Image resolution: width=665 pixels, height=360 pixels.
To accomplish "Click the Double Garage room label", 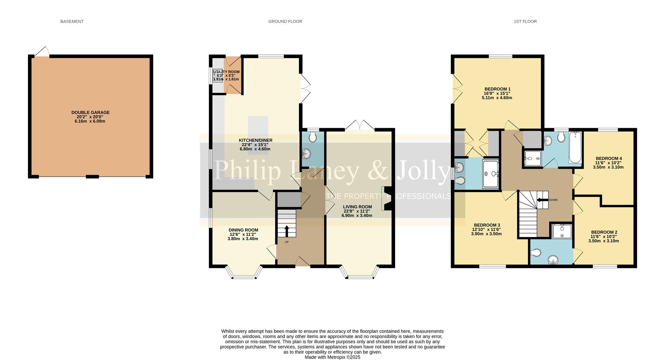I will [90, 113].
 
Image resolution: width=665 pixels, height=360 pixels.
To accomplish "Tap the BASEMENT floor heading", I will [72, 21].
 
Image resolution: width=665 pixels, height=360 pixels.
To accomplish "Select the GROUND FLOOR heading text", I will [285, 21].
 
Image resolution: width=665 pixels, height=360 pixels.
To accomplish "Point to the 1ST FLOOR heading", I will [525, 21].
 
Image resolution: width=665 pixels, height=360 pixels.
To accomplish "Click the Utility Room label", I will [227, 72].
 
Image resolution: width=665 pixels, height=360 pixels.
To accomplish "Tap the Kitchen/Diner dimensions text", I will [255, 147].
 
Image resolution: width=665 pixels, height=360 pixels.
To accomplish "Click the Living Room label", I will [357, 207].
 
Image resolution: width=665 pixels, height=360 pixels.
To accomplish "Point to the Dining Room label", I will [243, 230].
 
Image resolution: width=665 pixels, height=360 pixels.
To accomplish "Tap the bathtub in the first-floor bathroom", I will [575, 148].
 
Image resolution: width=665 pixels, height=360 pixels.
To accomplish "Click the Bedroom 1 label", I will [497, 89].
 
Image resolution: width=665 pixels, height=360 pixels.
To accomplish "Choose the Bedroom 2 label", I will [604, 232].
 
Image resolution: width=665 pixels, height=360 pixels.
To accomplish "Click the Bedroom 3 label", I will [487, 225].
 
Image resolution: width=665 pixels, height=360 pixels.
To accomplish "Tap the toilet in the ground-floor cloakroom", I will [312, 138].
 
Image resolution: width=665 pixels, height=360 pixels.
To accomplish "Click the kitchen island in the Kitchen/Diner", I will [258, 128].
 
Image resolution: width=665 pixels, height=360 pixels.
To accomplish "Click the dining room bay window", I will [243, 274].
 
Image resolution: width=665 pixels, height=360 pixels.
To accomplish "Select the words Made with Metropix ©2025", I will [332, 357].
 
